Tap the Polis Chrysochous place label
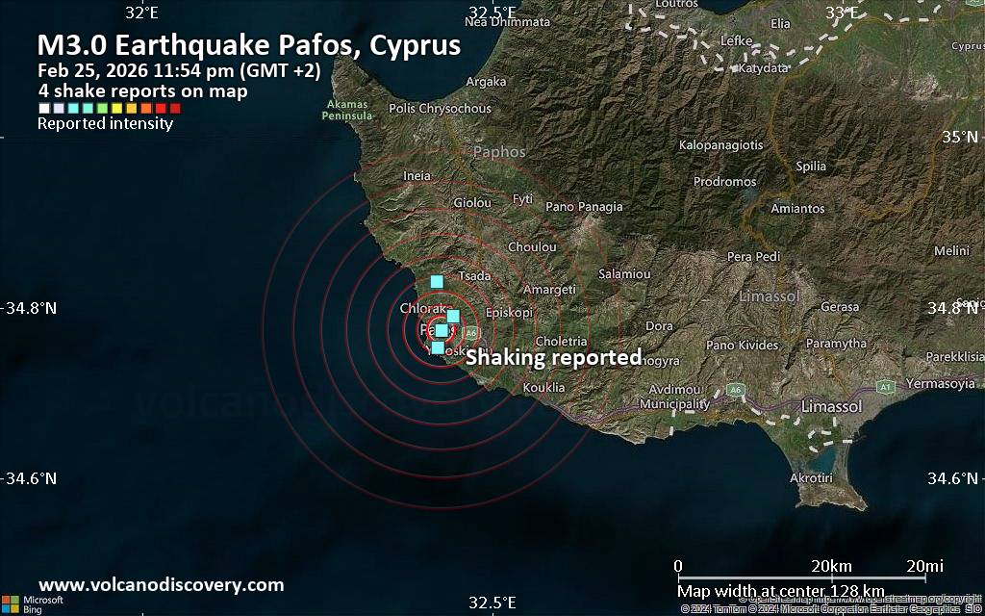(441, 109)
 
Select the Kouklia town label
(543, 388)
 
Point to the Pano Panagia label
(584, 206)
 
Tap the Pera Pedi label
(753, 257)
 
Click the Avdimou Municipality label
(673, 397)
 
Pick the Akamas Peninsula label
(348, 110)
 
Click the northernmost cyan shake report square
(437, 282)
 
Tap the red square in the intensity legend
(174, 109)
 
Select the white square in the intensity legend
(43, 109)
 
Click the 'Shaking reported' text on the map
(553, 358)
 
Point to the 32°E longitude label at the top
(141, 12)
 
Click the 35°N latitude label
(959, 137)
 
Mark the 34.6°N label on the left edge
(32, 478)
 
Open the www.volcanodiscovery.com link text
(161, 584)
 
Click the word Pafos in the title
(307, 45)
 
